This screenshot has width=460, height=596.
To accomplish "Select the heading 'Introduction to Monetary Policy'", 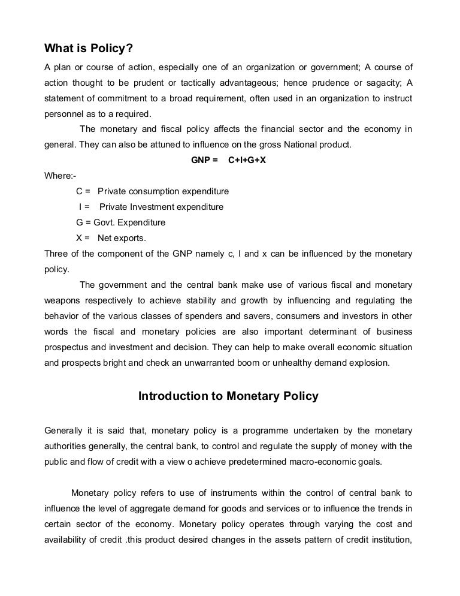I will pos(228,396).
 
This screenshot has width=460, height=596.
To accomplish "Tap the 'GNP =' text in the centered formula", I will pos(204,160).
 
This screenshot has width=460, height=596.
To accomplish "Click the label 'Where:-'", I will pos(60,176).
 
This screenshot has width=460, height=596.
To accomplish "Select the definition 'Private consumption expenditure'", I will pos(164,191).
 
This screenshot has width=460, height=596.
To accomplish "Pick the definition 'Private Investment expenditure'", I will pos(161,207).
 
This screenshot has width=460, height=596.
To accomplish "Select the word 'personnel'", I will pos(65,113).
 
